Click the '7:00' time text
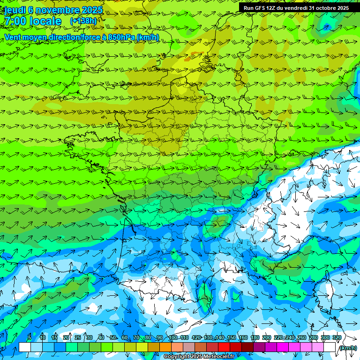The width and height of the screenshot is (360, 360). (15, 21)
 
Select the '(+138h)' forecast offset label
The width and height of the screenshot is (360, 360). (83, 21)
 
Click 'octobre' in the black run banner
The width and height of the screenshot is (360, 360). (320, 8)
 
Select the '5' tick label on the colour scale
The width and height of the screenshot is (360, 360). (30, 338)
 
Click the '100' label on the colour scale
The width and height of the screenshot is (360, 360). (173, 338)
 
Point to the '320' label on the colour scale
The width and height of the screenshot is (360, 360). (337, 338)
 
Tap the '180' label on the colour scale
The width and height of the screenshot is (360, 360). (255, 338)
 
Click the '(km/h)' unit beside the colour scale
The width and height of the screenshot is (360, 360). (348, 348)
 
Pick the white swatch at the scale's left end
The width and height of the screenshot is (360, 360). (24, 347)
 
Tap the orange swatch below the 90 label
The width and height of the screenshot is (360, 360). (165, 347)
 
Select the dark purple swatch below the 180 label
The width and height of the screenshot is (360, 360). (259, 347)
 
